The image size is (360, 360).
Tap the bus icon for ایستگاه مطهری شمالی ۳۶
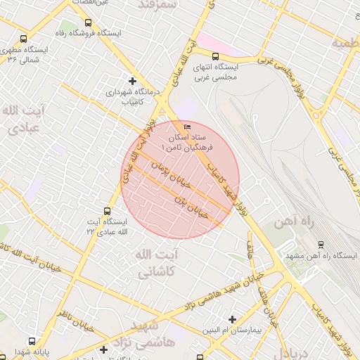24,40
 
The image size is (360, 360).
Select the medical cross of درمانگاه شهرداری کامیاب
131,81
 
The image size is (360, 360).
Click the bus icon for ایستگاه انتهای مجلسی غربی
215,57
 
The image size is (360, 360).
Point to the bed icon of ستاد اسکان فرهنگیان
186,127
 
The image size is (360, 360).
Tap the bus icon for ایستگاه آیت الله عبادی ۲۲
107,210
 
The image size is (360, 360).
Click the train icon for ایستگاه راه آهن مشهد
321,245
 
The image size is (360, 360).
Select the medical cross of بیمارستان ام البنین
233,319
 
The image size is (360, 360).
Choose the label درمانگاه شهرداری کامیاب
134,96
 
